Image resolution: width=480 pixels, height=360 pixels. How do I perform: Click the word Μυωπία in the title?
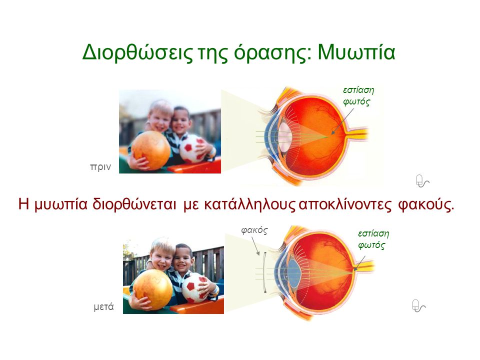coord(356,52)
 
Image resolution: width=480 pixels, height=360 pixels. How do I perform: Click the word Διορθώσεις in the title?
coord(137,52)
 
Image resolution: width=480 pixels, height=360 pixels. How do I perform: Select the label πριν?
coord(100,167)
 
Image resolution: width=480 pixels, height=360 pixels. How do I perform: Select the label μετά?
coord(103,306)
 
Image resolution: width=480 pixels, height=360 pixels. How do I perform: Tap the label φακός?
coord(254,230)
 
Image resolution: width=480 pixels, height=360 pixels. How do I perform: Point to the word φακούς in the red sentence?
coord(426,205)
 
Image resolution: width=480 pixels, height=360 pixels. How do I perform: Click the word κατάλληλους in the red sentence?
coord(249,204)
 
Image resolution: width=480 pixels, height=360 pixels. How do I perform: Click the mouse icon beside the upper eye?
coord(422,181)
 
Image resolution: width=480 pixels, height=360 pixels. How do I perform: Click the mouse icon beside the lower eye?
coord(418,306)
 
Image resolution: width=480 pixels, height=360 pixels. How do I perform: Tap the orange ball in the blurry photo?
coord(151,149)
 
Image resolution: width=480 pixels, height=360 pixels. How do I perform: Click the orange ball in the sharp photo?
coord(153,289)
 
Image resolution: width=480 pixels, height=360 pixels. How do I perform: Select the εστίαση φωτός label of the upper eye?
coord(358,96)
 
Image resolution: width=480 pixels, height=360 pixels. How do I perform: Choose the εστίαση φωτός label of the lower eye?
coord(373,239)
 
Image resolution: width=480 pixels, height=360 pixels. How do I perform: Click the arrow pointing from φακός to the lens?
coord(255,245)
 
